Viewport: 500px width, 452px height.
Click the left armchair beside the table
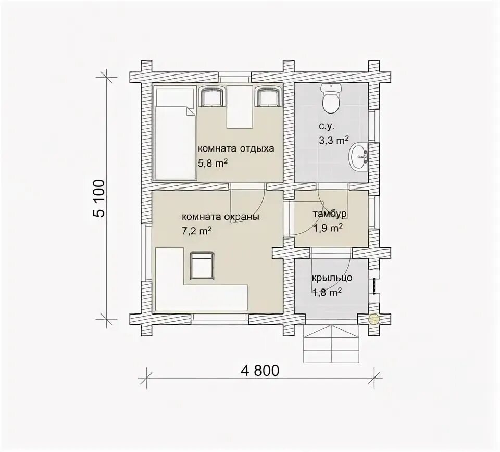[x=211, y=97]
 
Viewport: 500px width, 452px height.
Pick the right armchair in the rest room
[x=269, y=97]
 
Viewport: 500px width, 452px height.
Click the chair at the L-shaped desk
[x=202, y=266]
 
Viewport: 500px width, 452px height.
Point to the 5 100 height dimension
[x=99, y=198]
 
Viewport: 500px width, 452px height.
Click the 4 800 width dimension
[x=260, y=370]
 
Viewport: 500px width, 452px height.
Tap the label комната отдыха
[x=236, y=149]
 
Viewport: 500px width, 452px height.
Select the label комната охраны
[x=220, y=217]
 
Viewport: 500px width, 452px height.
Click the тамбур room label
[x=329, y=214]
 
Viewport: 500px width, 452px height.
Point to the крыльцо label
[x=332, y=278]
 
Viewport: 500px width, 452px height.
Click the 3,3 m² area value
[x=333, y=140]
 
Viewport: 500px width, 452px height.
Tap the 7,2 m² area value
[x=197, y=231]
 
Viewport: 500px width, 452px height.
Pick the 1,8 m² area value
[x=328, y=292]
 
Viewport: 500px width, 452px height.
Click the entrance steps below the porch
[x=332, y=344]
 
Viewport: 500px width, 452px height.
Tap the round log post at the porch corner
[x=374, y=319]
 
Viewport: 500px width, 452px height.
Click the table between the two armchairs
[x=240, y=106]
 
